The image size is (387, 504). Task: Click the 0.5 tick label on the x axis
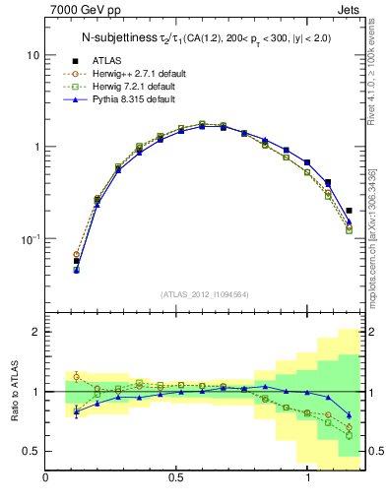(177, 478)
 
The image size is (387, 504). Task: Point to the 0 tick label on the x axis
(46, 478)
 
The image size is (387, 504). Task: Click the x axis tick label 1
(308, 478)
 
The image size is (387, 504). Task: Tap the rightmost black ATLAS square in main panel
(349, 210)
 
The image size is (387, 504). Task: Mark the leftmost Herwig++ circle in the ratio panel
(77, 376)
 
